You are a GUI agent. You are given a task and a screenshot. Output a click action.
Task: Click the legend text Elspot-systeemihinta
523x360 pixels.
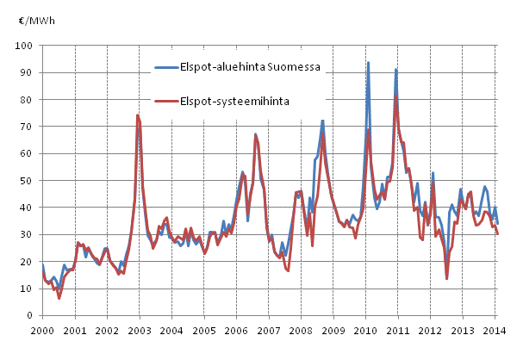click(x=234, y=101)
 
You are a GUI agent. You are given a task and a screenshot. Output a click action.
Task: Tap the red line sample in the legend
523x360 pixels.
click(x=168, y=101)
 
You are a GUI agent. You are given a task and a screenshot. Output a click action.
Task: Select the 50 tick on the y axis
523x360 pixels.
click(x=32, y=181)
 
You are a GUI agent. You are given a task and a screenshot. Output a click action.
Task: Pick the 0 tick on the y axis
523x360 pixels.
click(x=34, y=315)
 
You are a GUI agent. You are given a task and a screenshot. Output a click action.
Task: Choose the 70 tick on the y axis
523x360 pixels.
click(x=32, y=127)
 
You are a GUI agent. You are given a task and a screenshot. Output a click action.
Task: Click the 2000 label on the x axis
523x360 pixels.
click(x=41, y=329)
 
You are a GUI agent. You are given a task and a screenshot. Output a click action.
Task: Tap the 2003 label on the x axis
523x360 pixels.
click(x=139, y=329)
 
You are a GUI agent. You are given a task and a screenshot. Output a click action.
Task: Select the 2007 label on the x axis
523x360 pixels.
click(x=268, y=329)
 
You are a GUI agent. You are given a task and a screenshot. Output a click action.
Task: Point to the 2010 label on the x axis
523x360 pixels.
click(x=365, y=329)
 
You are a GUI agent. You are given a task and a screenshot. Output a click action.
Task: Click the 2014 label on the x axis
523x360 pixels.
click(x=495, y=329)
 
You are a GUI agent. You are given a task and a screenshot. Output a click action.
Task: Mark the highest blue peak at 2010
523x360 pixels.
click(x=368, y=62)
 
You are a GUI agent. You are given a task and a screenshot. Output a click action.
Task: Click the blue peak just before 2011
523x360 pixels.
click(x=395, y=69)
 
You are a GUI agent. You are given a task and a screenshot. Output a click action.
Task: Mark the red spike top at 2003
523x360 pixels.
click(x=137, y=115)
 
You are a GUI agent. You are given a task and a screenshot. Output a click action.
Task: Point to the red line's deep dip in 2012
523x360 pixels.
click(x=446, y=278)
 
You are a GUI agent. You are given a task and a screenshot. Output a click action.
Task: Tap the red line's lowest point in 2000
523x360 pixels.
click(x=59, y=298)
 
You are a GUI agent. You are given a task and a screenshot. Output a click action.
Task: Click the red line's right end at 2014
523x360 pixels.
click(x=499, y=234)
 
